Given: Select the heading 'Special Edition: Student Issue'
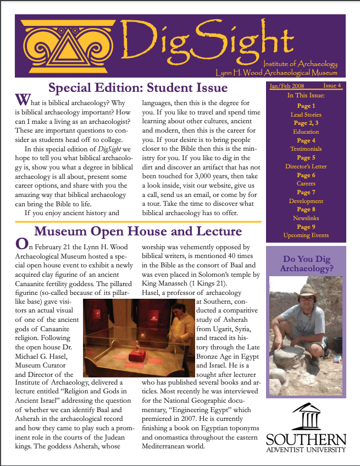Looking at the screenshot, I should (137, 87).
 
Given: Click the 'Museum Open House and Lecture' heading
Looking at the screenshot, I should (138, 231).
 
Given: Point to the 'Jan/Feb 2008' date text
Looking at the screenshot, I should (286, 86).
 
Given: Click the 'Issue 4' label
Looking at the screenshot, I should (332, 86).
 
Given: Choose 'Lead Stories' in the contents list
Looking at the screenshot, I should (306, 114).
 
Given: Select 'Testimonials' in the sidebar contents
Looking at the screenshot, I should (306, 149).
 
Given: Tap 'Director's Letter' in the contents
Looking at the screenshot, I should (306, 166).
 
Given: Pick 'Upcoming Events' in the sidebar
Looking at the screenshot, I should (306, 235).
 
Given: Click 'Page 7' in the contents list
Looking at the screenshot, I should (306, 192).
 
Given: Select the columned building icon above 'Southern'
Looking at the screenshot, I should (307, 416).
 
